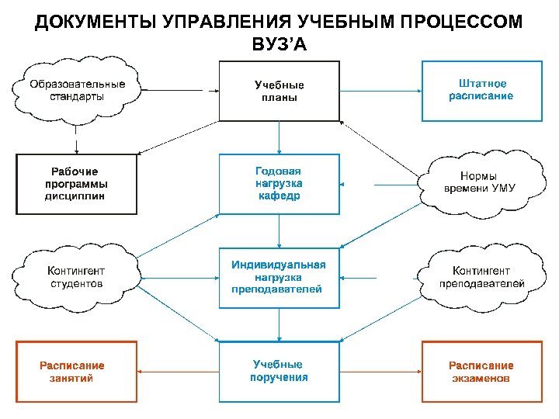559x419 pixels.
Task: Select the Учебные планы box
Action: click(x=279, y=92)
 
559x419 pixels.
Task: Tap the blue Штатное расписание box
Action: click(x=481, y=90)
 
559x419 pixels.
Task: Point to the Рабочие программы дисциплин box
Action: click(x=76, y=184)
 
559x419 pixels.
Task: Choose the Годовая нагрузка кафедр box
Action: click(x=279, y=184)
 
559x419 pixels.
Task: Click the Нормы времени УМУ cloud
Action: click(x=480, y=183)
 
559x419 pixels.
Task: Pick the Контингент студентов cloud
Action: click(x=76, y=277)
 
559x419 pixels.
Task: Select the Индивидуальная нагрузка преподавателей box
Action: click(x=279, y=277)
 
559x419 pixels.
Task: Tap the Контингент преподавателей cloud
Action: click(x=481, y=277)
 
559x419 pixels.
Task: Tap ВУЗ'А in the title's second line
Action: click(x=279, y=44)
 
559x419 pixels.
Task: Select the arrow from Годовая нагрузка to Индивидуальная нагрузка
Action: click(x=279, y=230)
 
